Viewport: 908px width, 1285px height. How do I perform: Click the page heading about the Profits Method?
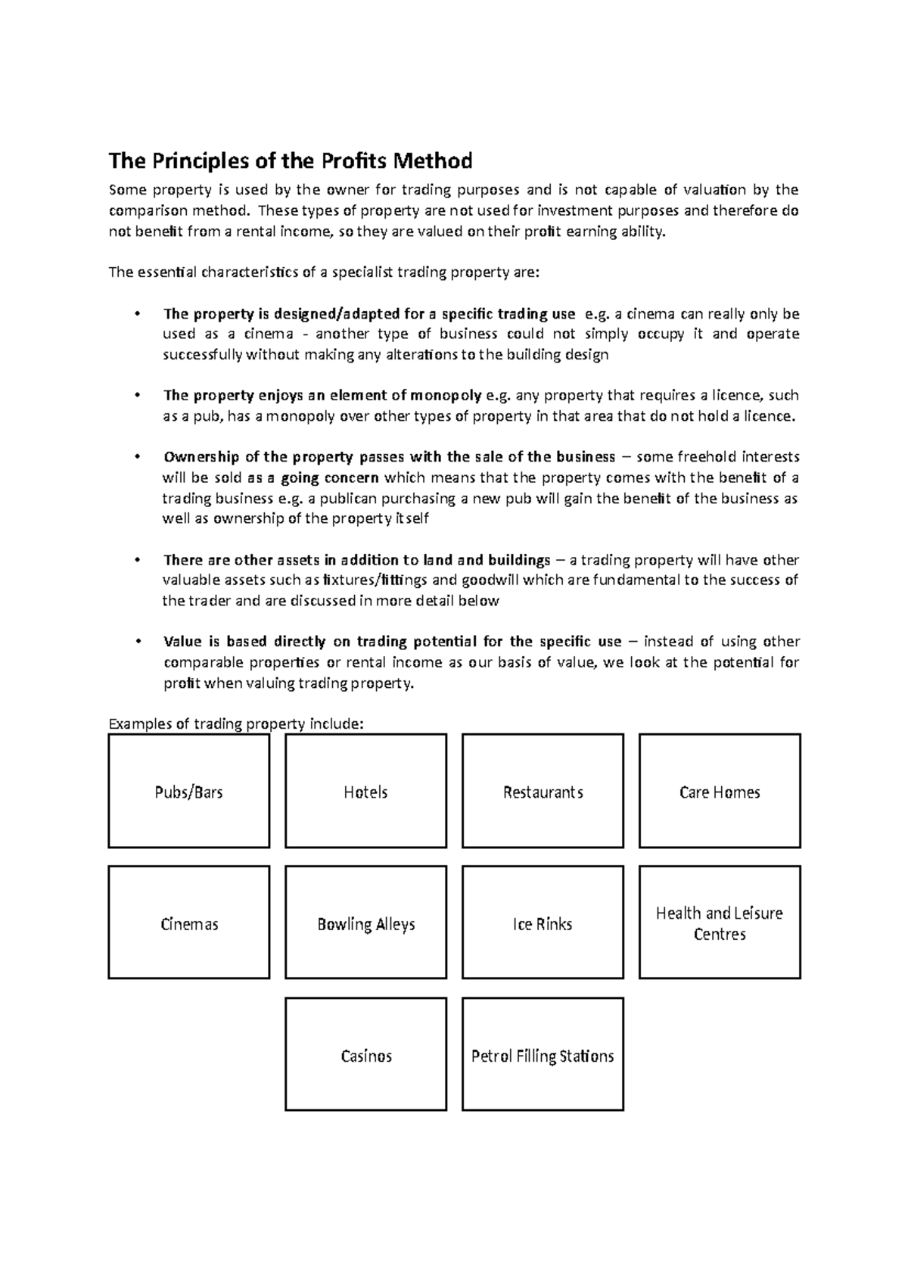(291, 161)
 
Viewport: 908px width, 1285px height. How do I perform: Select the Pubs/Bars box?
(188, 792)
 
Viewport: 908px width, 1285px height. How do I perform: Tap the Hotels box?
(365, 792)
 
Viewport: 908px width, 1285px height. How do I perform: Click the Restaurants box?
(543, 792)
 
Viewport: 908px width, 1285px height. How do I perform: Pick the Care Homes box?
(720, 792)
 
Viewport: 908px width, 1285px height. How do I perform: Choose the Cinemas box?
(188, 923)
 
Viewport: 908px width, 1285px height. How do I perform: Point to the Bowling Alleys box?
(365, 923)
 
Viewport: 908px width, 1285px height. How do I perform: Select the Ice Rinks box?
(543, 923)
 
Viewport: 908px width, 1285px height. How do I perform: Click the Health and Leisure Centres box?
(720, 923)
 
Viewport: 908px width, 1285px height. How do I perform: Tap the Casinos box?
(365, 1055)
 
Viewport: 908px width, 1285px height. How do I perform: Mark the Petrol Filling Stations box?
(543, 1055)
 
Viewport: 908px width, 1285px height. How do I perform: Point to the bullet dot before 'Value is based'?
(137, 642)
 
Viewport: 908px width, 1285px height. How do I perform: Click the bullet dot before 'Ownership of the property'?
(137, 457)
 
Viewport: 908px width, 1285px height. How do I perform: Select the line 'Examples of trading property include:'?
(236, 724)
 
